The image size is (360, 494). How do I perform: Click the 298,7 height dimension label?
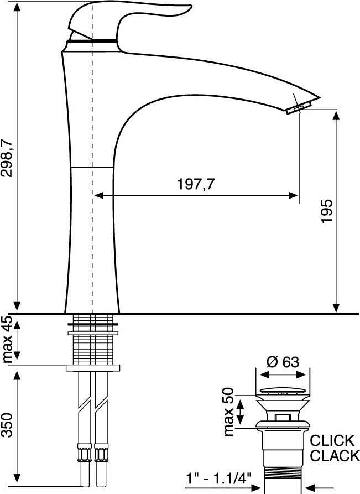pyautogui.click(x=7, y=157)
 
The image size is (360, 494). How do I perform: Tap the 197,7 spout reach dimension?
pyautogui.click(x=196, y=184)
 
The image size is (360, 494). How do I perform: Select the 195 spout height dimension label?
pyautogui.click(x=327, y=211)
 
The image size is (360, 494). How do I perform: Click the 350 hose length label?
pyautogui.click(x=7, y=425)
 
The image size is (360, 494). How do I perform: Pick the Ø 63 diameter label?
pyautogui.click(x=283, y=362)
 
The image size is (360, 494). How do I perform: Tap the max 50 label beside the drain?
pyautogui.click(x=228, y=412)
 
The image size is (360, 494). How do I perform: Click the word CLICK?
pyautogui.click(x=332, y=440)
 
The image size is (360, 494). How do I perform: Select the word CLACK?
pyautogui.click(x=335, y=456)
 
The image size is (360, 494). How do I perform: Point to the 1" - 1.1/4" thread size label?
pyautogui.click(x=218, y=479)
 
